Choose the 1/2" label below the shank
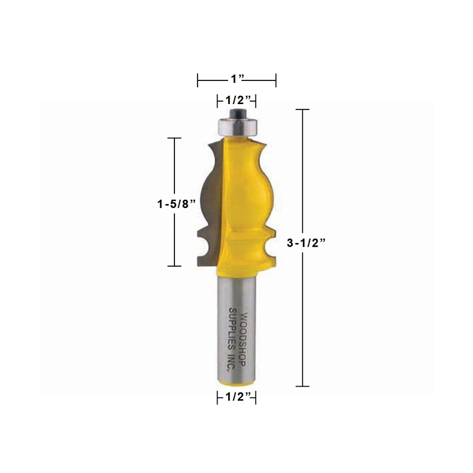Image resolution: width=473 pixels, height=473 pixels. (237, 399)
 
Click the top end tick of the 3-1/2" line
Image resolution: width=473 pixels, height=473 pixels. (303, 110)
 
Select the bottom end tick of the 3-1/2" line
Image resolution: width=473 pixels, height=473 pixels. (303, 386)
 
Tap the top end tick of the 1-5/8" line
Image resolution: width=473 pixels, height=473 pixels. (174, 138)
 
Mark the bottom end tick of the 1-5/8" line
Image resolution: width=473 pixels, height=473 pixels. (174, 266)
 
